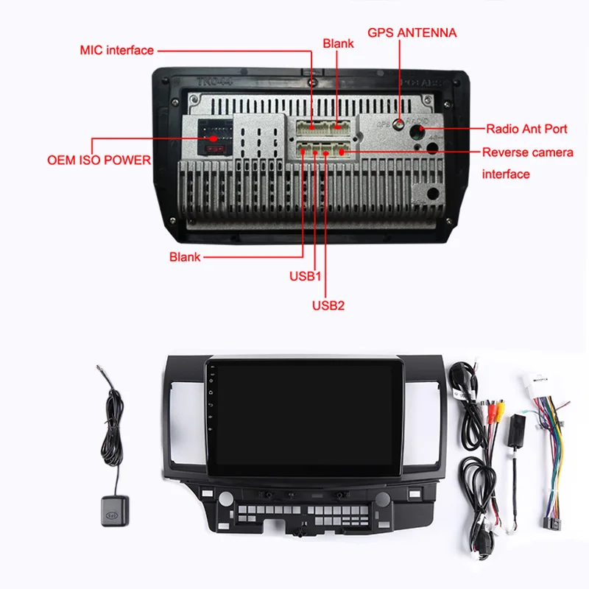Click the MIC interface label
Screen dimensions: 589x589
click(116, 50)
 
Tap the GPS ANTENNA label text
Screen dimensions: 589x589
click(412, 32)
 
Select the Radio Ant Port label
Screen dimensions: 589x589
click(526, 129)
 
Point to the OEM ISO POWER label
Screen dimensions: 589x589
click(99, 160)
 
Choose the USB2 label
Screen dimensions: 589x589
click(328, 305)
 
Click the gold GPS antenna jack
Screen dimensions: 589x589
click(400, 124)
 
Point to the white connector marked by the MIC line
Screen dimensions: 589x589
click(312, 127)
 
